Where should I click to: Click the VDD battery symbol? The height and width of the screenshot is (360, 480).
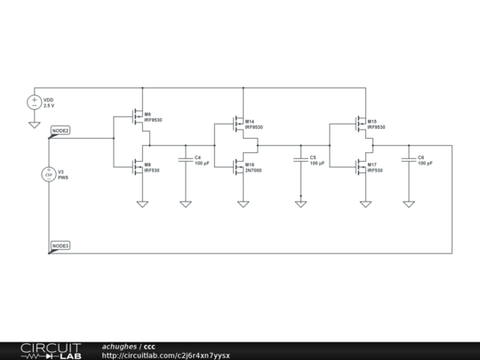35,102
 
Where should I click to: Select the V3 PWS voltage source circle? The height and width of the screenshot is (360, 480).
49,174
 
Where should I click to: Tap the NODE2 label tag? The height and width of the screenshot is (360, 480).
60,131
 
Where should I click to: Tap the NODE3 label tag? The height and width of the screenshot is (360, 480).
60,244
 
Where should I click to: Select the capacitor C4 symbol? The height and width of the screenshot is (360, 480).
185,160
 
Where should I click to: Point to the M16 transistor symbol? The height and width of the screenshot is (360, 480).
236,167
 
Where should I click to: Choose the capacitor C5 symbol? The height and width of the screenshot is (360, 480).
300,160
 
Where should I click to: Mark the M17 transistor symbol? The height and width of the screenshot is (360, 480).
358,167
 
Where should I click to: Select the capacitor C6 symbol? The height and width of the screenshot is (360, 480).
408,160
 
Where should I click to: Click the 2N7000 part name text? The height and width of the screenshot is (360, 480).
253,171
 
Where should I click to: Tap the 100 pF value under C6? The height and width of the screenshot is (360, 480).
426,164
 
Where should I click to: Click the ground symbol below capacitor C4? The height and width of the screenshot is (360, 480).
185,204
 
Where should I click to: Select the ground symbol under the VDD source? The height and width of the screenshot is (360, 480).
35,124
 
